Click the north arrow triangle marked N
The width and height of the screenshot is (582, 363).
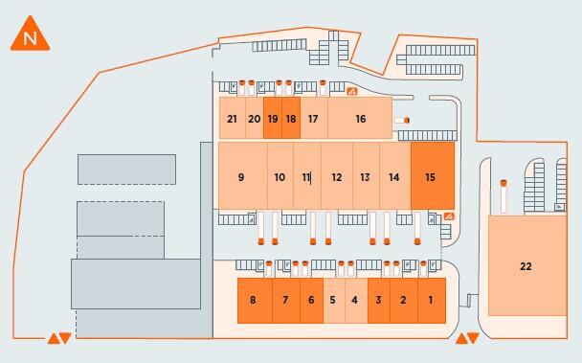pyautogui.click(x=30, y=34)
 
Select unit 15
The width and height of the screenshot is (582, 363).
pyautogui.click(x=433, y=175)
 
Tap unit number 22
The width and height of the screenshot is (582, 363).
pyautogui.click(x=526, y=266)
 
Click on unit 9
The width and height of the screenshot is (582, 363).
pyautogui.click(x=243, y=175)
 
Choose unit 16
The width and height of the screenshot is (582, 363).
pyautogui.click(x=360, y=118)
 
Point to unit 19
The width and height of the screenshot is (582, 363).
pyautogui.click(x=273, y=118)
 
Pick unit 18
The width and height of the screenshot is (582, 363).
pyautogui.click(x=291, y=118)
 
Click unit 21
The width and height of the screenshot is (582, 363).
pyautogui.click(x=233, y=118)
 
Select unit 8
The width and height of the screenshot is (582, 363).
pyautogui.click(x=255, y=301)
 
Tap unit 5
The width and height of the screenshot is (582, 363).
pyautogui.click(x=334, y=301)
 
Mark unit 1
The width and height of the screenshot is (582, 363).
pyautogui.click(x=432, y=301)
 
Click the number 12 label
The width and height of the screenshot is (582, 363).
pyautogui.click(x=337, y=177)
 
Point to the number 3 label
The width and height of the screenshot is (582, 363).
pyautogui.click(x=378, y=300)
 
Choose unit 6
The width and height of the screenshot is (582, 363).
pyautogui.click(x=311, y=301)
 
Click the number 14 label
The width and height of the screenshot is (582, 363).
pyautogui.click(x=393, y=177)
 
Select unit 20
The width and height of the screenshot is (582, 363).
pyautogui.click(x=255, y=118)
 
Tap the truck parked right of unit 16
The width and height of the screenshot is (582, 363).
pyautogui.click(x=402, y=121)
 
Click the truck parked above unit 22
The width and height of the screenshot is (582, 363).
pyautogui.click(x=504, y=196)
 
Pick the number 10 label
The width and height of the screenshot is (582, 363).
pyautogui.click(x=280, y=177)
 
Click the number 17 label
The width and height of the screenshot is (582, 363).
pyautogui.click(x=313, y=119)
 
